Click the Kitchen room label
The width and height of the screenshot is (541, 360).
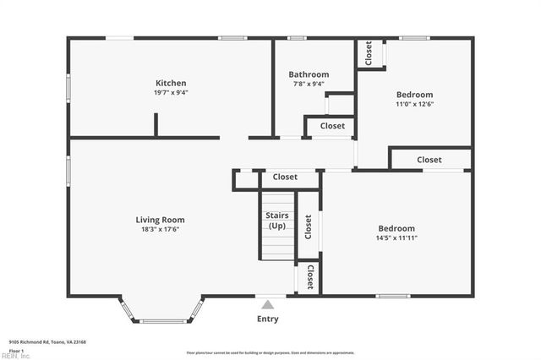click(x=171, y=83)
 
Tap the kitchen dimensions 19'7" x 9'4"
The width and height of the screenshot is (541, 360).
click(x=171, y=93)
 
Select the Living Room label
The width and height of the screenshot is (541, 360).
click(x=160, y=220)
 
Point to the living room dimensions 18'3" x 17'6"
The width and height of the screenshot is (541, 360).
click(x=160, y=229)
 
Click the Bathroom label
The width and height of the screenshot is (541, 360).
click(x=309, y=74)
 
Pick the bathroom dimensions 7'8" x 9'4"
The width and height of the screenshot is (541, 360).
click(x=309, y=84)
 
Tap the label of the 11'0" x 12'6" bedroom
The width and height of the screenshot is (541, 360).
click(x=414, y=95)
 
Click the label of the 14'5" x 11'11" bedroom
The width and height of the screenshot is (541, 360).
click(x=396, y=228)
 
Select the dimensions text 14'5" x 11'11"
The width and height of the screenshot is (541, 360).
click(x=396, y=238)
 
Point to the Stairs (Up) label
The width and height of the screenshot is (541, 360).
click(x=276, y=221)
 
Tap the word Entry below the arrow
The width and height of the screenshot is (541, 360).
click(x=267, y=319)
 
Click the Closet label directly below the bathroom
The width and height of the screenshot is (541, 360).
click(x=332, y=126)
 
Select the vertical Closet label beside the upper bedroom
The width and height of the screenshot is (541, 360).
click(x=369, y=53)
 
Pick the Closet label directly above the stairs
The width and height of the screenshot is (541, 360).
click(x=285, y=177)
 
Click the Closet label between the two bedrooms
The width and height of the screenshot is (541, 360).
click(x=429, y=160)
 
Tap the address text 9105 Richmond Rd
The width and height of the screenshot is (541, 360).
click(x=47, y=342)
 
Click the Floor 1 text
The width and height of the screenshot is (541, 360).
click(x=16, y=349)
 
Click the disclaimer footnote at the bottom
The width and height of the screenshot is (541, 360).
click(x=270, y=352)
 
